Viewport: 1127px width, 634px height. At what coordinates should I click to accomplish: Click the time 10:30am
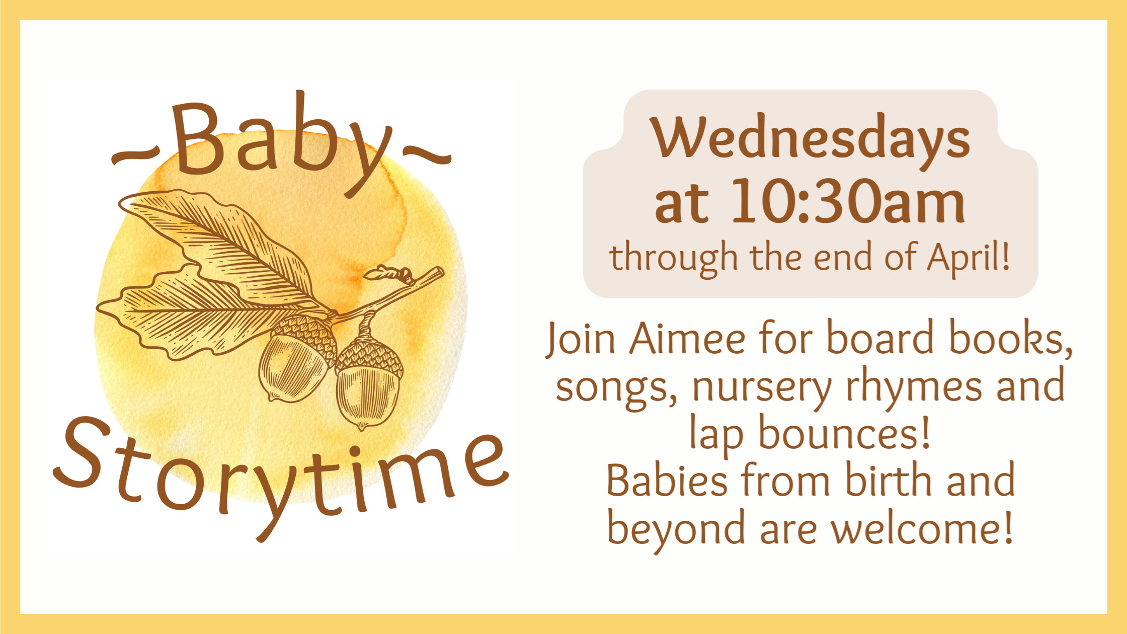(x=848, y=201)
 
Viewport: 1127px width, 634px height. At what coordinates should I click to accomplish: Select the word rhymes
(x=913, y=387)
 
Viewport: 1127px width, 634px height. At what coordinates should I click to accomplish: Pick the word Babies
(x=667, y=481)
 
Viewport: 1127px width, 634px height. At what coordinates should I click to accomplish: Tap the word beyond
(x=676, y=529)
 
